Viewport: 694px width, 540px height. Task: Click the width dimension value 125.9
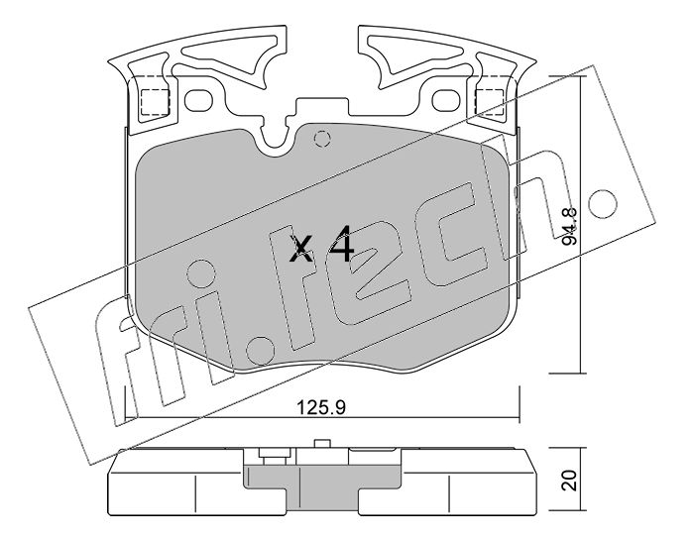click(x=321, y=407)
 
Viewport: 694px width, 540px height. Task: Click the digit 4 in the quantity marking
click(x=341, y=244)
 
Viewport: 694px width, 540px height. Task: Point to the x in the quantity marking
click(x=301, y=250)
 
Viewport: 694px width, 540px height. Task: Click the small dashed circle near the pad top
click(x=322, y=139)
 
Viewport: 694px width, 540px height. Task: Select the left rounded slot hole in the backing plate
click(x=198, y=100)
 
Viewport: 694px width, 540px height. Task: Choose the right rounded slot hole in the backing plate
click(x=446, y=100)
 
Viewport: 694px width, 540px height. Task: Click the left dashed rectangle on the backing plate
click(x=155, y=102)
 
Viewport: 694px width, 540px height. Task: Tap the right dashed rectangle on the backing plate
click(x=489, y=102)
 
